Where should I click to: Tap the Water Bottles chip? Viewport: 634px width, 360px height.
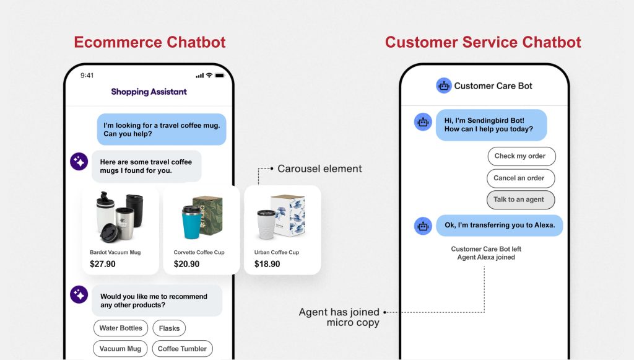(x=121, y=328)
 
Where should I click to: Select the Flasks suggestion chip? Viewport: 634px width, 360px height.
(x=169, y=328)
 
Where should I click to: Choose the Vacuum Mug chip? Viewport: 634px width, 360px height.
(x=120, y=349)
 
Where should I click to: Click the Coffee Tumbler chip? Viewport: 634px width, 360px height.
(x=182, y=349)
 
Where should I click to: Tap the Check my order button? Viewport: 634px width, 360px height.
(x=521, y=156)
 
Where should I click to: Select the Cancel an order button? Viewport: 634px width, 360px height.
(x=521, y=178)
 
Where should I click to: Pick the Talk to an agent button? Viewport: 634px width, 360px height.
(x=521, y=200)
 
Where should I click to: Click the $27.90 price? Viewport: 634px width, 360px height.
(x=103, y=264)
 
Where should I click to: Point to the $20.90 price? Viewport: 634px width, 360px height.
(x=186, y=264)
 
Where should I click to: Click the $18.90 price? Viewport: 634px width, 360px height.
(x=267, y=264)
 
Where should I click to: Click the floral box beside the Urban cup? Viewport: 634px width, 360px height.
(x=289, y=215)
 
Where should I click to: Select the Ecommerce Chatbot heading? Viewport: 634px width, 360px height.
(x=150, y=42)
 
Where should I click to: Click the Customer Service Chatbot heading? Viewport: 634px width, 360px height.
(x=483, y=42)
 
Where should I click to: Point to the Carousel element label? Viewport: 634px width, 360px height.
(x=319, y=169)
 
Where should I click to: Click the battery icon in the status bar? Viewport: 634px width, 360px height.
(x=220, y=75)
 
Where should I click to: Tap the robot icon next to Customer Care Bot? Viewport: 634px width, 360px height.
(x=443, y=86)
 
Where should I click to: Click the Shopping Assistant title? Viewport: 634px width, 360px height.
(x=149, y=92)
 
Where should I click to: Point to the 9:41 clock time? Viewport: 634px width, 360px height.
(x=87, y=75)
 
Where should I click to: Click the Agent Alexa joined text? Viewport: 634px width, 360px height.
(x=486, y=257)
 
